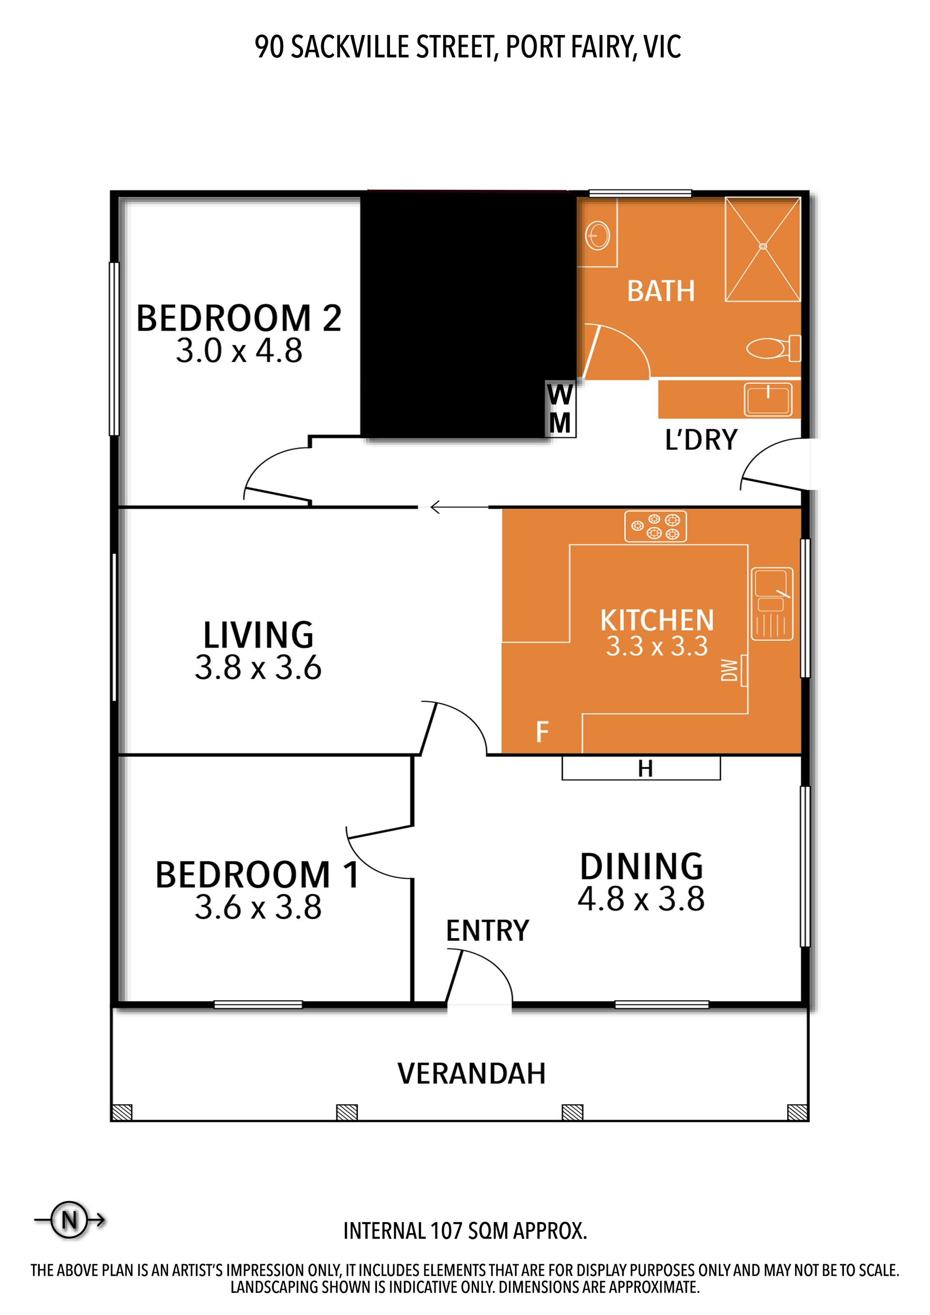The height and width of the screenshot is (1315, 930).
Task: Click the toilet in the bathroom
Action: pos(773,348)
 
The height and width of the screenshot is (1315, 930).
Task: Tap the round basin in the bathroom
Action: pos(597,235)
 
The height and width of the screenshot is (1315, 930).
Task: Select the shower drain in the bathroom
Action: pos(763,246)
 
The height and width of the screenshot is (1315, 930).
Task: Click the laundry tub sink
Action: pos(768,399)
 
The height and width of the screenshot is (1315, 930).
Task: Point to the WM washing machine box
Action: pos(560,409)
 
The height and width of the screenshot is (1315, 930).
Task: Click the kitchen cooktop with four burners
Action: pos(655,526)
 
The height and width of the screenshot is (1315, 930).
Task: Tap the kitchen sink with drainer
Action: pos(772,604)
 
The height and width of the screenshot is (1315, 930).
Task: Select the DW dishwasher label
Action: pos(729,670)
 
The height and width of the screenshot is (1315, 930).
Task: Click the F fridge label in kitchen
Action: pos(542,732)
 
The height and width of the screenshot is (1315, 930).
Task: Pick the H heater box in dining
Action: pos(641,768)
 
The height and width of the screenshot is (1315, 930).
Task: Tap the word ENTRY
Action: pos(487,931)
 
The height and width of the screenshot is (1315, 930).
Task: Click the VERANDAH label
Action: pos(471,1073)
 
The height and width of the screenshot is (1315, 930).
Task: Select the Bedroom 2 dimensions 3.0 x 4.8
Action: pos(239,351)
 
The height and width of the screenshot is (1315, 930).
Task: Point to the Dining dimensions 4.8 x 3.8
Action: pos(641,899)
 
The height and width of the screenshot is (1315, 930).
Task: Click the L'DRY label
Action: pos(701,440)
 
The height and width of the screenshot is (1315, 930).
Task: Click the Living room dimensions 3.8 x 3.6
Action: pos(258,668)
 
